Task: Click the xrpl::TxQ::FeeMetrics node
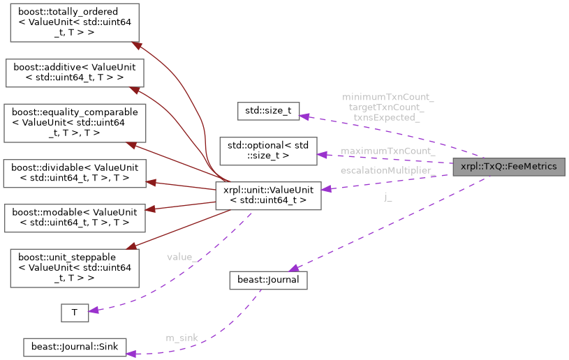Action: coord(509,167)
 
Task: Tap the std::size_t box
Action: coord(269,110)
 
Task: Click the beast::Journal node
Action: coord(269,280)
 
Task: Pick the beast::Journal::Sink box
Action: coord(74,347)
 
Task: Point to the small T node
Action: coord(75,313)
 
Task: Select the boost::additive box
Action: coord(75,73)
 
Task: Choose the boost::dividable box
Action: coord(75,174)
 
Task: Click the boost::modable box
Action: coord(75,218)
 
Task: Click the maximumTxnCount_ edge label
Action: coord(388,151)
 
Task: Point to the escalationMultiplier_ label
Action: coord(388,170)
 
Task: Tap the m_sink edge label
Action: coord(182,338)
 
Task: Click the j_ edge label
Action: coord(388,197)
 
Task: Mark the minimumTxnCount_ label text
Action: coord(388,97)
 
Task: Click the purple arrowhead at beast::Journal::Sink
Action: coord(131,352)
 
